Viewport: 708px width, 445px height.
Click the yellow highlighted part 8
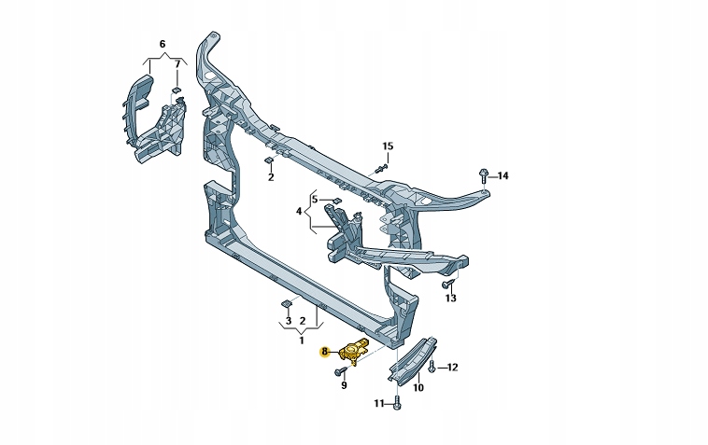pyautogui.click(x=355, y=351)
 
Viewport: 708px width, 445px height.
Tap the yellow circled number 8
pyautogui.click(x=324, y=352)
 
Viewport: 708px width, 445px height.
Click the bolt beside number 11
pyautogui.click(x=398, y=403)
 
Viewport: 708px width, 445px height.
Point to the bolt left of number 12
pyautogui.click(x=434, y=367)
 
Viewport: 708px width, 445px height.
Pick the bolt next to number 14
pyautogui.click(x=481, y=174)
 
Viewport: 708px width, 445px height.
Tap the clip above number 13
pyautogui.click(x=448, y=282)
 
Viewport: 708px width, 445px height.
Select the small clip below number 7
pyautogui.click(x=177, y=90)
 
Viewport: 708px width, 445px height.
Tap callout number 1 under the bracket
pyautogui.click(x=301, y=341)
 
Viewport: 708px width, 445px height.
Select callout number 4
pyautogui.click(x=300, y=212)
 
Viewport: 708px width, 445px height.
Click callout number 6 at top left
pyautogui.click(x=162, y=44)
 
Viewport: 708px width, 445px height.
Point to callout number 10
pyautogui.click(x=418, y=387)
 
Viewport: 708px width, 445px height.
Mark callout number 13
pyautogui.click(x=450, y=299)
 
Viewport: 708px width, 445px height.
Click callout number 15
pyautogui.click(x=388, y=146)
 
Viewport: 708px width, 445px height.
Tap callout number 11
pyautogui.click(x=379, y=403)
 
